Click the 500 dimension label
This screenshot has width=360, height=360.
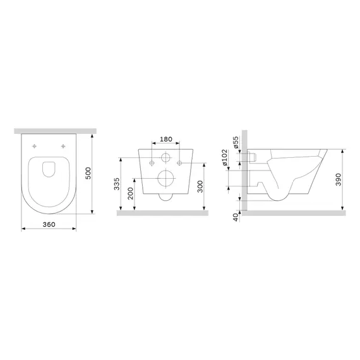click(88, 173)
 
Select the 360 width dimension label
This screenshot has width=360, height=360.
click(49, 224)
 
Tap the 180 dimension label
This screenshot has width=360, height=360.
click(165, 139)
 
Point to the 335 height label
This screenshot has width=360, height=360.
click(117, 184)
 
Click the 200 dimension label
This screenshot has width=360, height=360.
click(130, 193)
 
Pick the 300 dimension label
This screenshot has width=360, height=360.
click(200, 186)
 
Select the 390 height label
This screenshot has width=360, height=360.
click(339, 179)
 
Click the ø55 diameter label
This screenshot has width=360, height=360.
click(236, 142)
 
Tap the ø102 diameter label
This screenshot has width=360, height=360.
click(224, 157)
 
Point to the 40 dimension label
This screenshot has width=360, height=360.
click(236, 217)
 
